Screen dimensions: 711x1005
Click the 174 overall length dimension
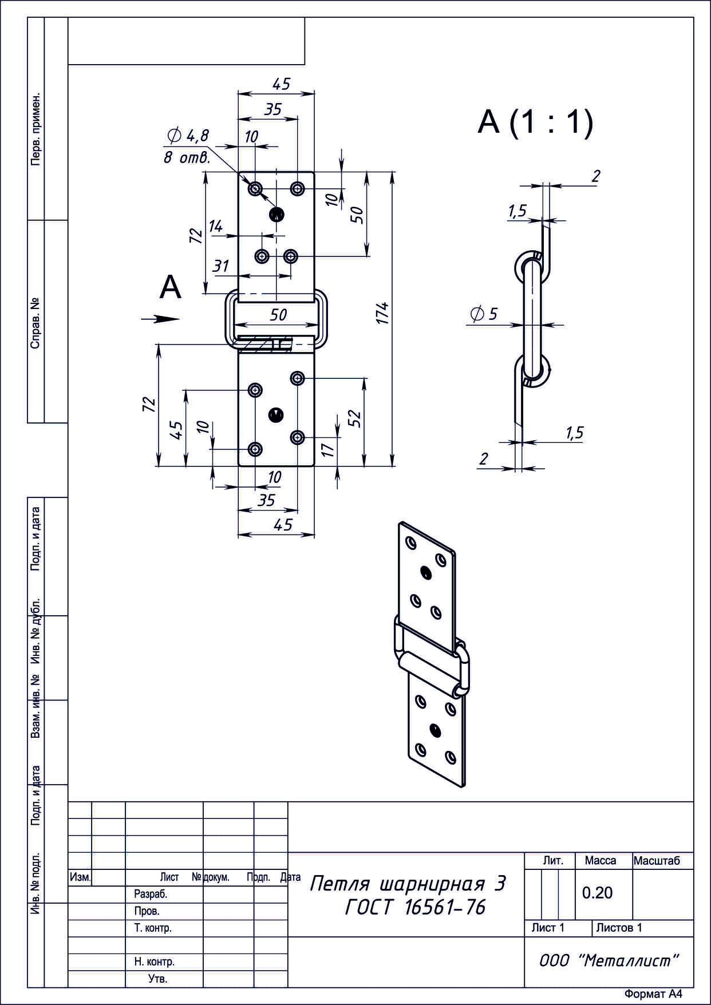tap(382, 313)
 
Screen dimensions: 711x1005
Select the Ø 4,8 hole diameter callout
tap(188, 136)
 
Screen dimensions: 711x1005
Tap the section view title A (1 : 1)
tap(535, 122)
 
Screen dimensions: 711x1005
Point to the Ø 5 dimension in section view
tap(484, 314)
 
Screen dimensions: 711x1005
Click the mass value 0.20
tap(597, 892)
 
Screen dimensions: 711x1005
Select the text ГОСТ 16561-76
tap(416, 907)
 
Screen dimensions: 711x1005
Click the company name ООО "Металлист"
tap(609, 960)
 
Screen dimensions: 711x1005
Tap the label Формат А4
tap(653, 994)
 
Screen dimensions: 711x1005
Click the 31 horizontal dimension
tap(221, 266)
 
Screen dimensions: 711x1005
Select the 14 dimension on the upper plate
tap(215, 227)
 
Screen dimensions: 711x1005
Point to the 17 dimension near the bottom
tap(327, 450)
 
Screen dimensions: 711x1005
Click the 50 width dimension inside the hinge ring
tap(278, 314)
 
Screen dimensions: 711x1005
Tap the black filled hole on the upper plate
tap(276, 215)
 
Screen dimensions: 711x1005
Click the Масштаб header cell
tap(657, 861)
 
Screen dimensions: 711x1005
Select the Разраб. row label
tap(150, 894)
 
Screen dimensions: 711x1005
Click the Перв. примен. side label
tap(35, 129)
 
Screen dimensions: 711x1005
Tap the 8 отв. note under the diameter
tap(187, 157)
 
